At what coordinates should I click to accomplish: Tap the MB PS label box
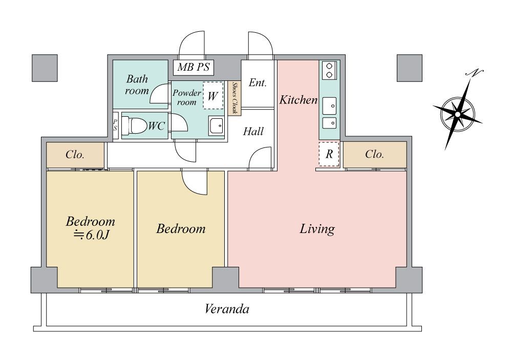click(x=194, y=68)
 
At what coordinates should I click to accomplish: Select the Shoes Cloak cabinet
click(x=234, y=98)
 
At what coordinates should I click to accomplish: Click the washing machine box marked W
click(x=213, y=95)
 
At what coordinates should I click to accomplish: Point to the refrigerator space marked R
click(x=329, y=154)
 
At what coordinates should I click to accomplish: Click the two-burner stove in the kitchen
click(x=329, y=70)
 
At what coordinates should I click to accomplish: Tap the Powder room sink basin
click(x=216, y=126)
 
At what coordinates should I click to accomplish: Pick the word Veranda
click(x=227, y=309)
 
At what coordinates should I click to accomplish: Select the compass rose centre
click(x=457, y=114)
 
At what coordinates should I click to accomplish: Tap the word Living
click(x=317, y=229)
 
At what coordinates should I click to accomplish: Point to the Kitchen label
click(x=298, y=100)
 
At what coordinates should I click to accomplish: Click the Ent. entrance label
click(x=258, y=82)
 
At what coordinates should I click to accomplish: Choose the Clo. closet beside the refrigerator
click(x=375, y=155)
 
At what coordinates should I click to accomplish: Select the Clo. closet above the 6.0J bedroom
click(x=75, y=155)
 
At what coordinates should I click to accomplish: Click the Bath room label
click(x=137, y=85)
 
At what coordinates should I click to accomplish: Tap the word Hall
click(x=253, y=131)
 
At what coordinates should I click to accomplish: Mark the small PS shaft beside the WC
click(x=115, y=125)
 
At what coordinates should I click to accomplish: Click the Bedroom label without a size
click(x=181, y=229)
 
